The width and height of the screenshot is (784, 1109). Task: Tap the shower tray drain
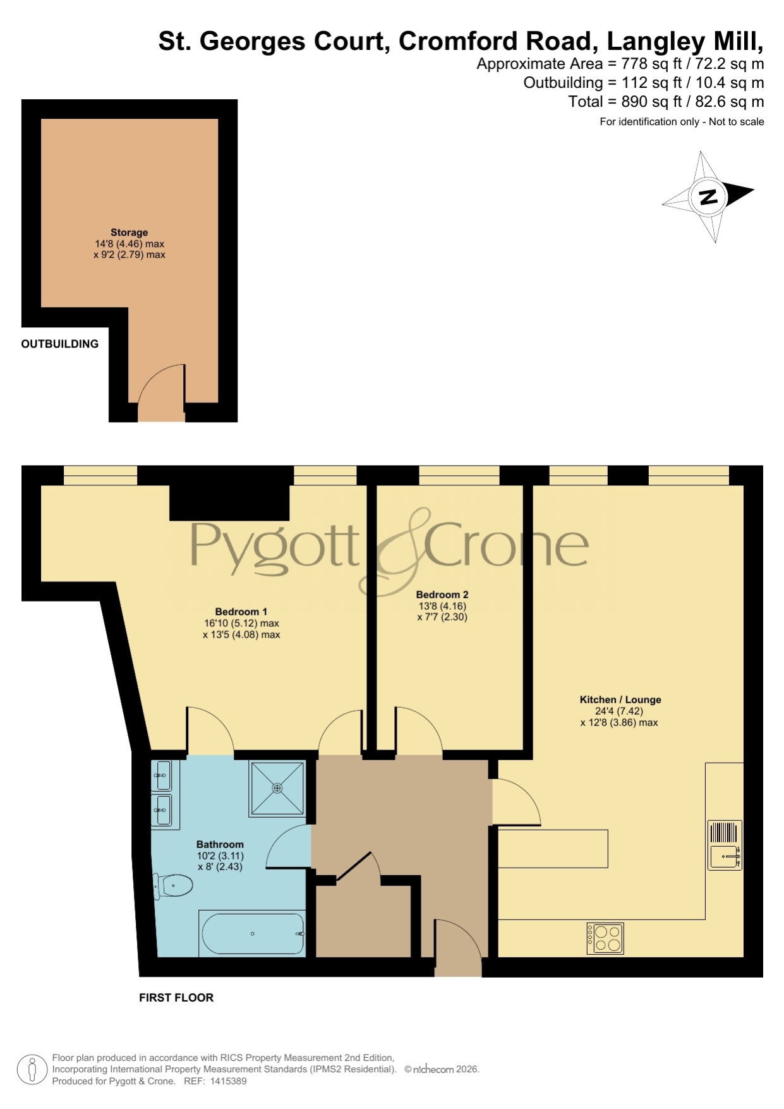pos(277,788)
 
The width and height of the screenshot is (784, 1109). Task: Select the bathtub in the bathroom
pos(253,933)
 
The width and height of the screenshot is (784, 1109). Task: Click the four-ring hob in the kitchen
pos(605,938)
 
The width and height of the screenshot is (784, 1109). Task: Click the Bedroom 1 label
pos(241,612)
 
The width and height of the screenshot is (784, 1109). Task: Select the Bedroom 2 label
pos(442,595)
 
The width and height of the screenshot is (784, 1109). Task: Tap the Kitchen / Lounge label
pos(620,700)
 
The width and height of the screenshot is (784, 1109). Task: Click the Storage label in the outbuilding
pos(129,233)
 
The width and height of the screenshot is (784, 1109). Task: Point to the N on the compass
pos(708,197)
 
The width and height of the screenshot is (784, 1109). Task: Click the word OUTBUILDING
pos(60,344)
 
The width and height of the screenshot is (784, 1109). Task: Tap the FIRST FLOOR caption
pos(176,998)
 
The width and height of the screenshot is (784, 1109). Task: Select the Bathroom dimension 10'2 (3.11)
pos(220,856)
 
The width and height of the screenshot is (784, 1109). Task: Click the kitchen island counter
pos(553,849)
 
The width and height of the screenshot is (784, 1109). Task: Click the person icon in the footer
pos(32,1070)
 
